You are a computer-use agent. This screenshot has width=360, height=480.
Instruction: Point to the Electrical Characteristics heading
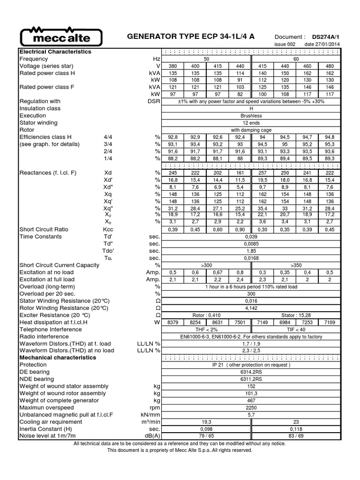55,52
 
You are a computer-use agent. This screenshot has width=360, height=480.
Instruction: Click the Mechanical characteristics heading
58,358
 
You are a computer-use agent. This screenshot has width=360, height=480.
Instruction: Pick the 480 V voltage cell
330,66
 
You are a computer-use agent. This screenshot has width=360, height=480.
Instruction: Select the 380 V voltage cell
172,66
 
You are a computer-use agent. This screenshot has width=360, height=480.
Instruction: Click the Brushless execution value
251,115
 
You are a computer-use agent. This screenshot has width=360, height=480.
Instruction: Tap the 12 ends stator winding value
251,123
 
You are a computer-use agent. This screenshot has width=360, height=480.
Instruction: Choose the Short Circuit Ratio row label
44,229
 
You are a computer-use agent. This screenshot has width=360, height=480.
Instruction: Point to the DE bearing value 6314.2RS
251,372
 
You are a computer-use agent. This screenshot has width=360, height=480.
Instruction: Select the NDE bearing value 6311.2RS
251,379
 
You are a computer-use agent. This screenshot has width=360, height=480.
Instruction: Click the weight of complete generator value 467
251,401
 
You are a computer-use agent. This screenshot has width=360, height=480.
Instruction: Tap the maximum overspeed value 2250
251,408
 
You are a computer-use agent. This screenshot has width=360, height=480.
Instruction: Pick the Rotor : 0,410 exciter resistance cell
206,315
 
